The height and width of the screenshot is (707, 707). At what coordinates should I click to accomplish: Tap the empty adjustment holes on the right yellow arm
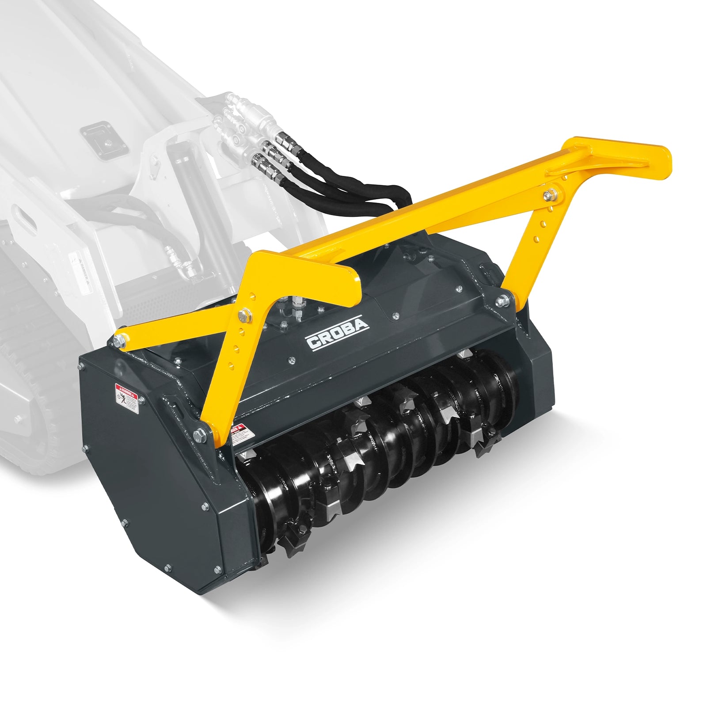(x=540, y=230)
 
